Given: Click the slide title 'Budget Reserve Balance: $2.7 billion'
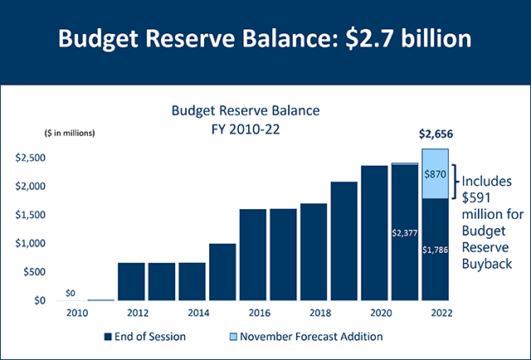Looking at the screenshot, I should click(x=265, y=40).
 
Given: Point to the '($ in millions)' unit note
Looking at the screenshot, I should click(x=69, y=133).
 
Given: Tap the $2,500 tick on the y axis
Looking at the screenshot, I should click(x=31, y=157).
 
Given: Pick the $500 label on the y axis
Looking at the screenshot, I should click(x=33, y=272).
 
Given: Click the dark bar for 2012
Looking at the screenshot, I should click(x=131, y=281).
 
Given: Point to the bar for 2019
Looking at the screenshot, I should click(x=343, y=241).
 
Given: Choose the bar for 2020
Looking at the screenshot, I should click(x=374, y=233).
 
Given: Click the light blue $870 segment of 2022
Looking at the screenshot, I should click(x=435, y=174).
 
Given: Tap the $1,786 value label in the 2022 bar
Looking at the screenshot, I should click(x=435, y=249).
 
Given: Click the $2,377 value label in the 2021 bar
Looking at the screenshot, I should click(x=404, y=233).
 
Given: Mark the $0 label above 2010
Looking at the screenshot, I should click(x=71, y=293).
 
